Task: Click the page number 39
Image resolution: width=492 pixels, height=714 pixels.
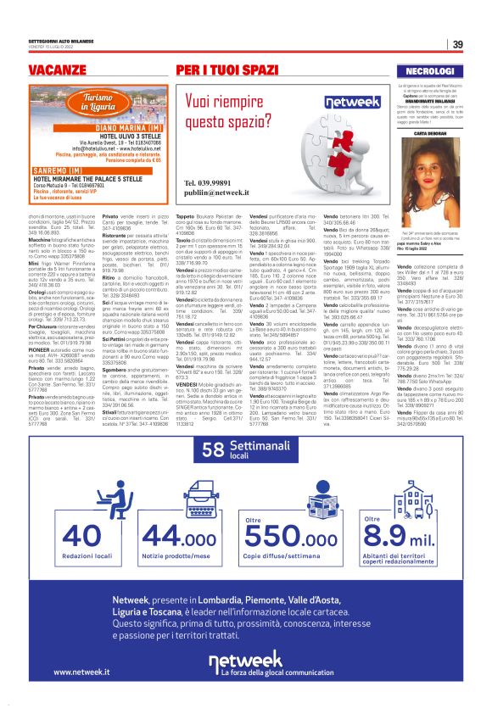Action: [456, 44]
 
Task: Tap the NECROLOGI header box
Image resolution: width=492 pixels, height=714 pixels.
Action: [431, 70]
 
